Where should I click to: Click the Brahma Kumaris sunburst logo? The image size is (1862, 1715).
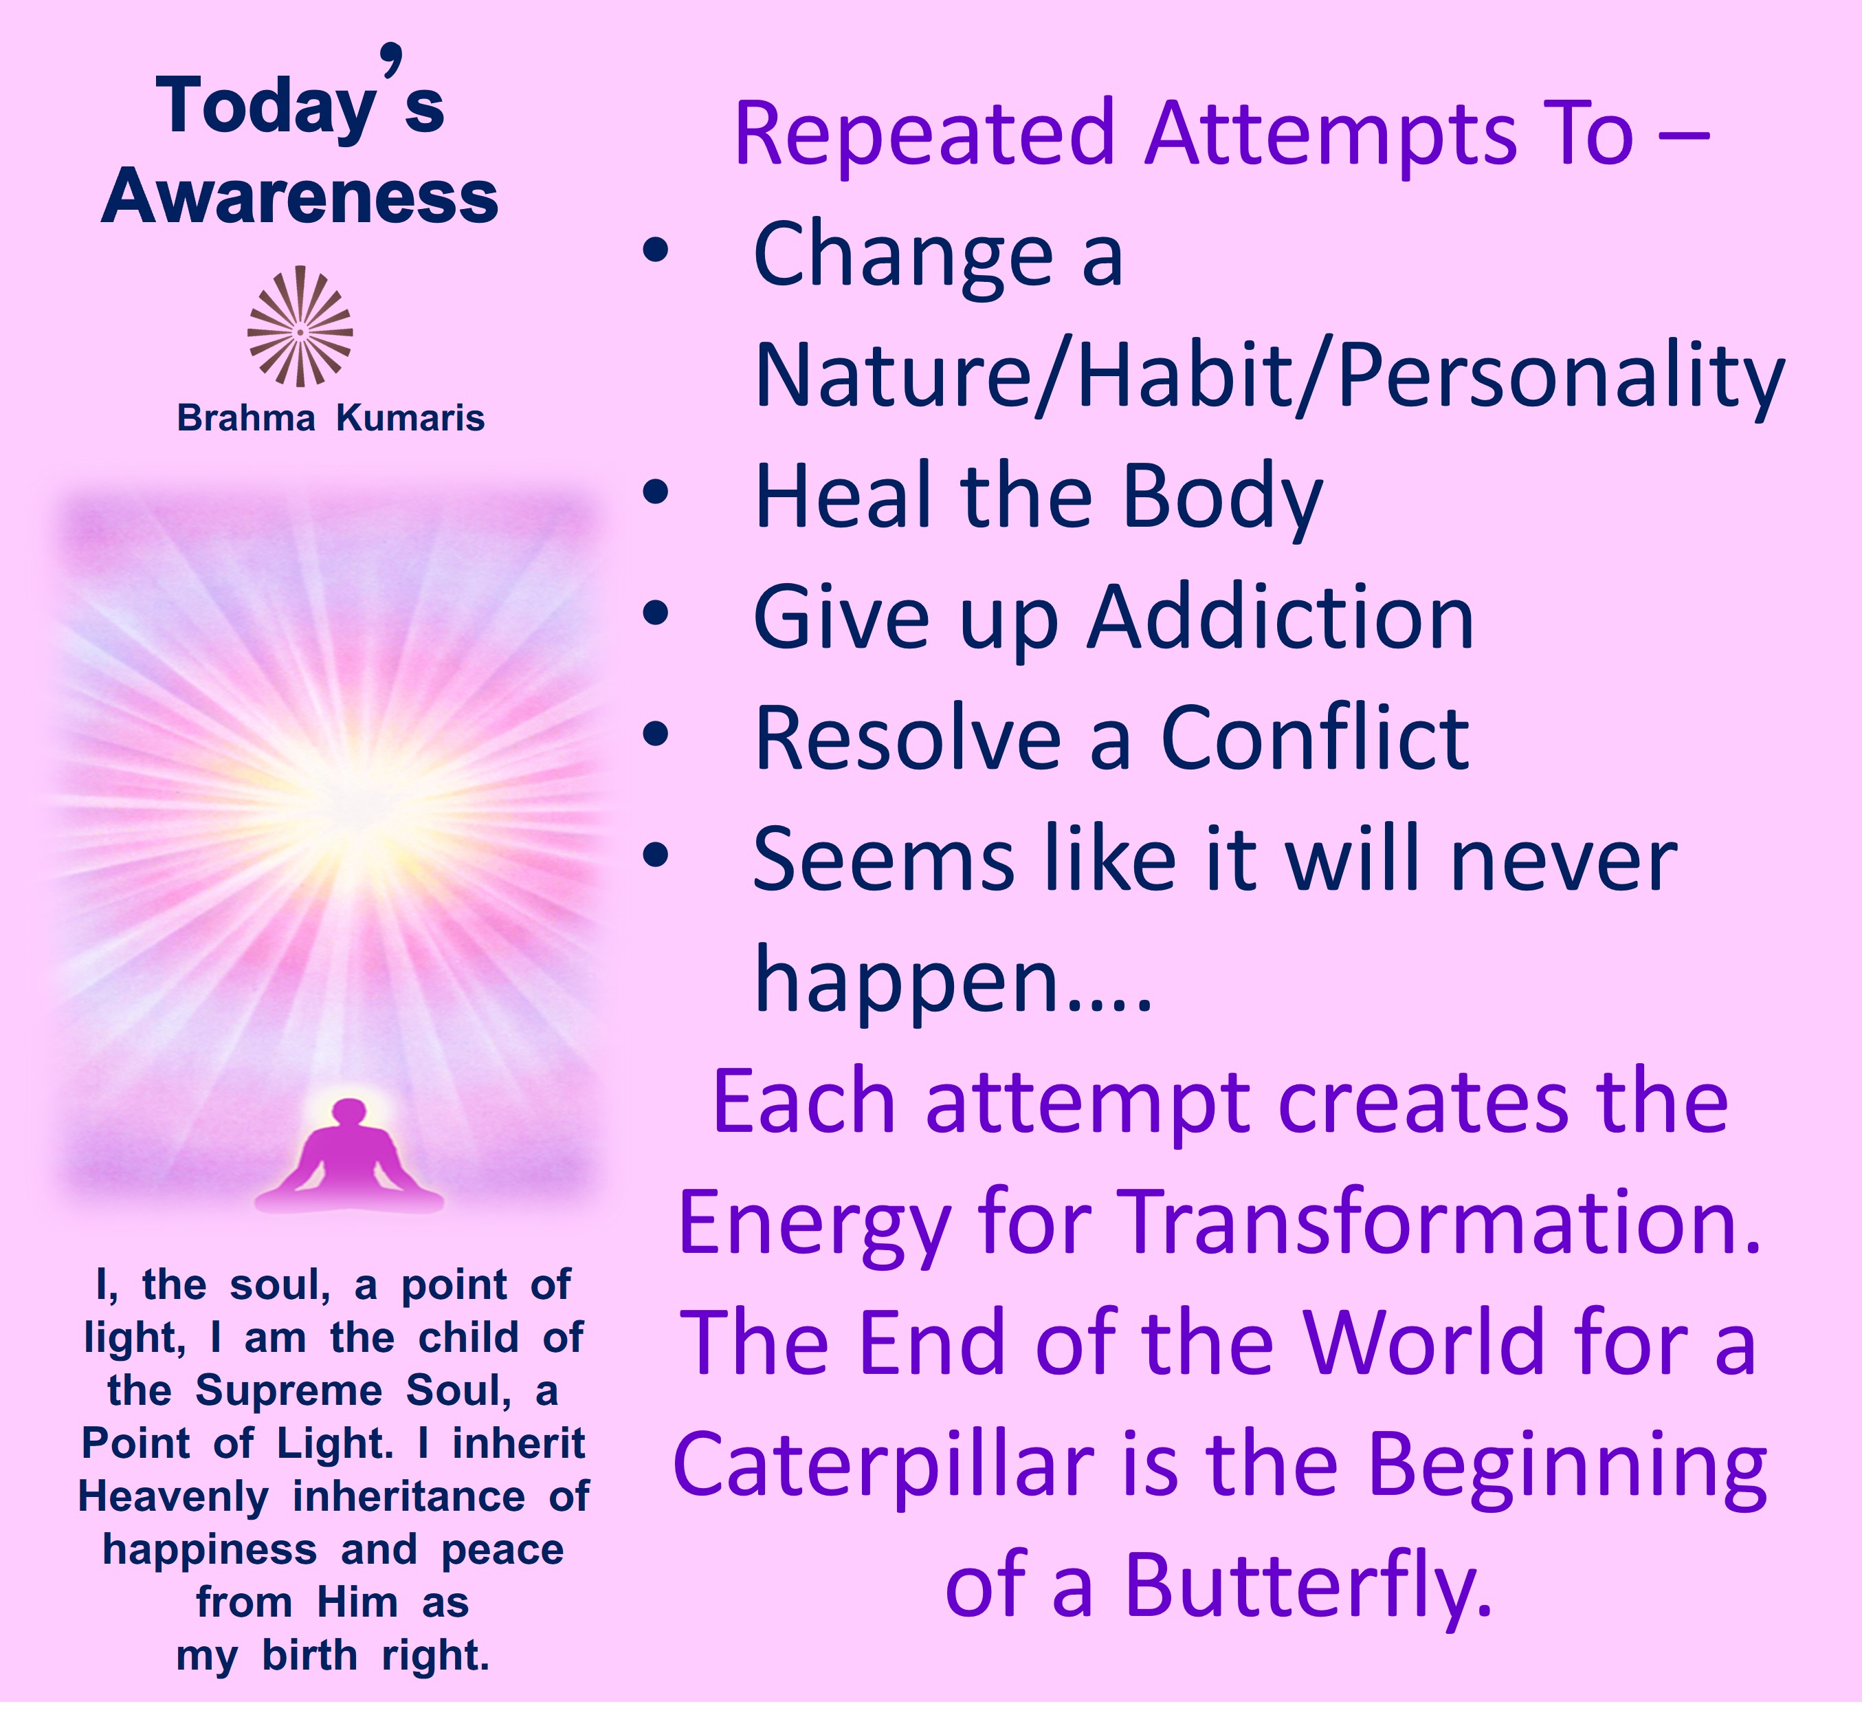(300, 327)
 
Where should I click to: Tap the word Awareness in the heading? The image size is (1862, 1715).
(300, 197)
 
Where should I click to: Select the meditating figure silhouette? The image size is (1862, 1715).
(349, 1157)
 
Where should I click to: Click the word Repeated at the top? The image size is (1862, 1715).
(924, 135)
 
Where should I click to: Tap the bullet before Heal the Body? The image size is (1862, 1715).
(656, 492)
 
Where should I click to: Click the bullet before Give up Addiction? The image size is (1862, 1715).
(656, 613)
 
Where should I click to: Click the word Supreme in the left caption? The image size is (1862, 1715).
(289, 1391)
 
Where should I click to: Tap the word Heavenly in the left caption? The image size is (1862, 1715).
(173, 1497)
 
